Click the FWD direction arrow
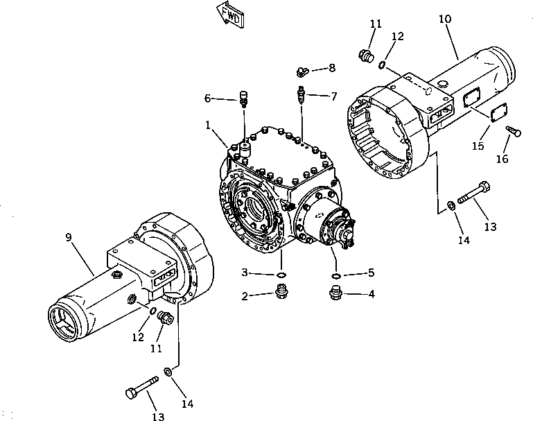(229, 13)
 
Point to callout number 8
(331, 67)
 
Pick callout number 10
(444, 19)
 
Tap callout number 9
(69, 238)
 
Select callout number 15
(477, 146)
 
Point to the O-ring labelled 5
(335, 276)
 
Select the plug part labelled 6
(243, 98)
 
